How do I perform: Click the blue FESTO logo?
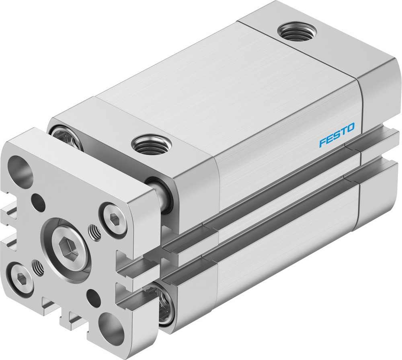click(x=337, y=136)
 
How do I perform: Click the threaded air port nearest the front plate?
click(x=152, y=144)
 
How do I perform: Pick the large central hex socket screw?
click(x=67, y=245)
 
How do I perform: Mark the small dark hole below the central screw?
click(x=94, y=298)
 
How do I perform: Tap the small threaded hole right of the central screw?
click(x=95, y=232)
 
